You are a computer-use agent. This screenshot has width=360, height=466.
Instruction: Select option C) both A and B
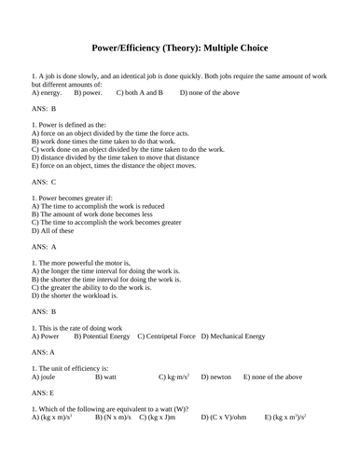tap(139, 93)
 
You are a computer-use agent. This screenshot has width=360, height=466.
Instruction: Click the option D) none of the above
tap(211, 93)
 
